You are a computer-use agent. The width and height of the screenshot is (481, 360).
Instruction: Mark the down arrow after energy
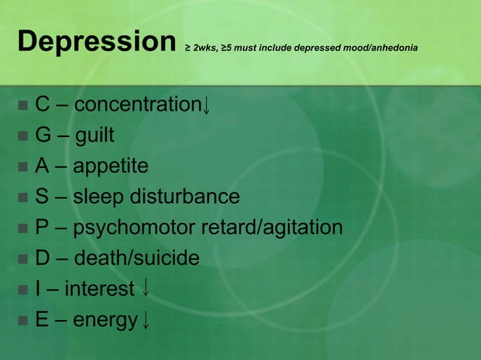pos(146,322)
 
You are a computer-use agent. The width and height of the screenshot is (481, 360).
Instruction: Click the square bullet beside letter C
pos(22,105)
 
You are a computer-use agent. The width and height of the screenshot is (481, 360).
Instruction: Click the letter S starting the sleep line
pos(42,197)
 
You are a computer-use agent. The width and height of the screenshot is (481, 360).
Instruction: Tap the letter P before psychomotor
pos(42,228)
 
